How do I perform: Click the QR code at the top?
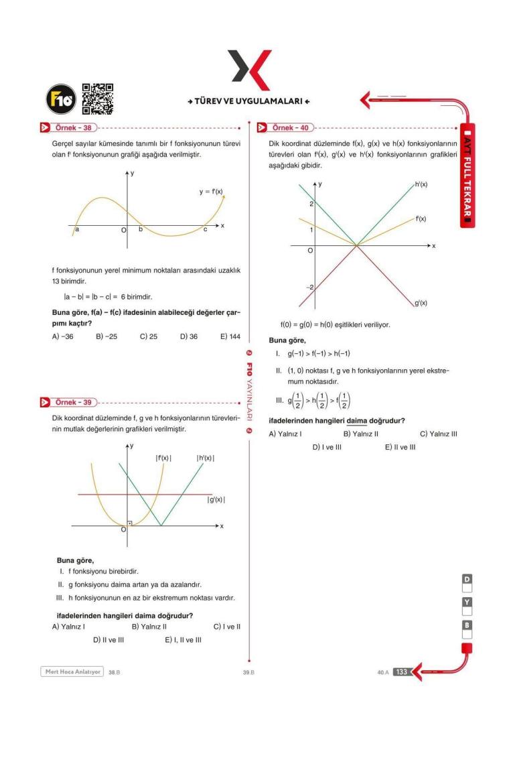tap(97, 99)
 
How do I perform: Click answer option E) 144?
tap(230, 336)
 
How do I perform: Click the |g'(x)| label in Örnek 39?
tap(216, 499)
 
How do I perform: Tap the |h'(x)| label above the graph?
tap(205, 458)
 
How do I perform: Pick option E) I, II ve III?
tap(183, 640)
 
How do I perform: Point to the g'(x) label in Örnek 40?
tap(421, 303)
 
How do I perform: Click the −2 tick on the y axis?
tap(309, 288)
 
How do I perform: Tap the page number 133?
tap(401, 672)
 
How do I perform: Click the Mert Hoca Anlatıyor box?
tap(72, 672)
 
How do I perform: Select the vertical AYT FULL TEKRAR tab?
tap(469, 174)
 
